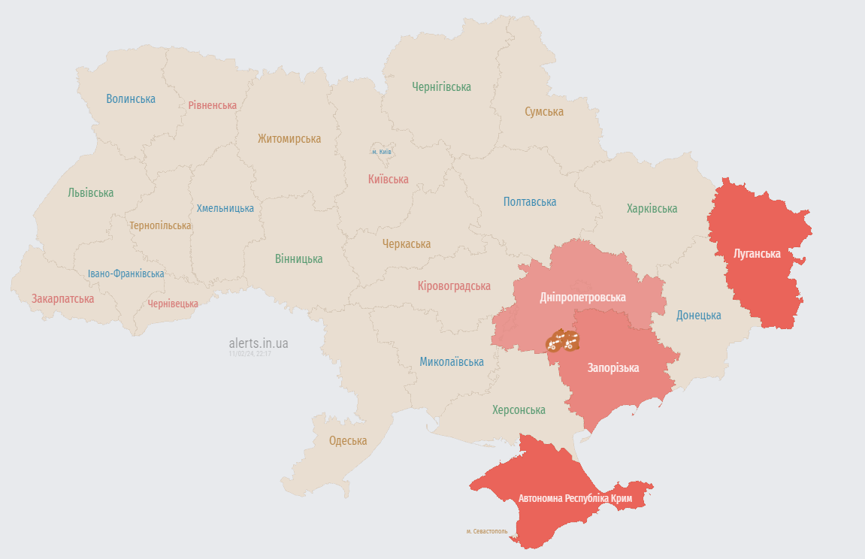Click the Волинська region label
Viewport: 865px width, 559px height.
131,99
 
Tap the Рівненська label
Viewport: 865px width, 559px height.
212,106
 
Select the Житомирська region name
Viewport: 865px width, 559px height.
289,139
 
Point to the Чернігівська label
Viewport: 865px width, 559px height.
441,87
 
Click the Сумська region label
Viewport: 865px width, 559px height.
543,112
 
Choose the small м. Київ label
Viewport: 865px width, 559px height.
382,152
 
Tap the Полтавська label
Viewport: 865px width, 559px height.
530,202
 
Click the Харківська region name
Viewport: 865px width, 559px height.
652,209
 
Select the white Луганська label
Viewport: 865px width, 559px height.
757,254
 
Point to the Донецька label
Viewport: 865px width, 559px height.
698,316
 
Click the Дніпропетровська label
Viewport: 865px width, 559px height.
582,298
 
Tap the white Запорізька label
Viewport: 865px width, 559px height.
613,368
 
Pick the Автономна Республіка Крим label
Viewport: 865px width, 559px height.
575,499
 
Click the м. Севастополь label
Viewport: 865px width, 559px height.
486,531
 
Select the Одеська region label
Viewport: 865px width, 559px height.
348,441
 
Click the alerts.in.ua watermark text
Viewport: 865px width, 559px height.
258,343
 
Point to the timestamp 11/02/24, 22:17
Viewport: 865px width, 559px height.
250,353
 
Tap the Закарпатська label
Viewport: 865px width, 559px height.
62,299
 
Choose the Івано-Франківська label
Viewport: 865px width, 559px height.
126,274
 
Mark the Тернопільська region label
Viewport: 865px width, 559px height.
160,225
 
